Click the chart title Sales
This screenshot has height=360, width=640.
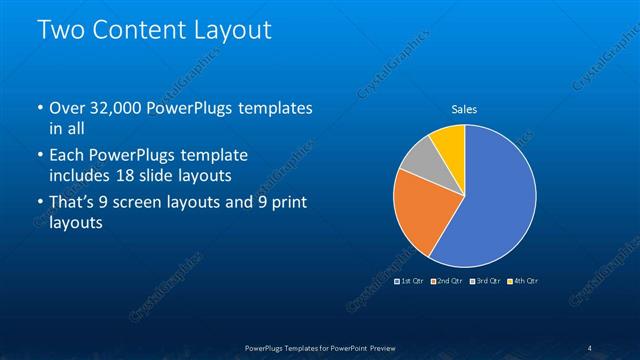463,108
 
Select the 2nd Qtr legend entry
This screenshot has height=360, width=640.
450,281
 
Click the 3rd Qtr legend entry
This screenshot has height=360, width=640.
487,281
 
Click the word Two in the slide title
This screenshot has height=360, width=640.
62,31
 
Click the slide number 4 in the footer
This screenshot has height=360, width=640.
590,348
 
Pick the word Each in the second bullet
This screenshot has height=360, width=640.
66,155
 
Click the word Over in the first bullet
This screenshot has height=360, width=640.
67,107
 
